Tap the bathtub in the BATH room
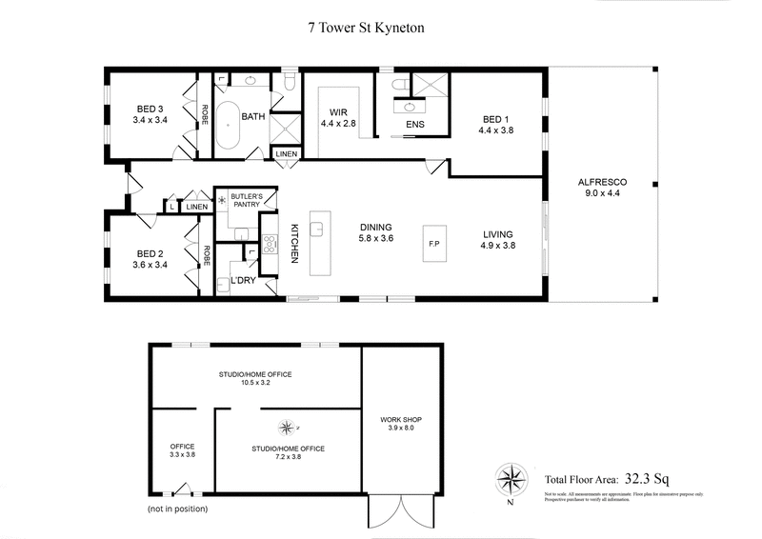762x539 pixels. (x=227, y=129)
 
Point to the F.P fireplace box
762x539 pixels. (x=433, y=245)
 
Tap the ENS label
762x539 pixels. (x=413, y=126)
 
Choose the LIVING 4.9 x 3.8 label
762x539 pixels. (x=497, y=240)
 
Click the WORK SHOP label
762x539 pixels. (x=400, y=425)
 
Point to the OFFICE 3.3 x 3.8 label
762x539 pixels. (x=181, y=450)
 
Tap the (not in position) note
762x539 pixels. (x=177, y=509)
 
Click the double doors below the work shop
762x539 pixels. (x=401, y=514)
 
